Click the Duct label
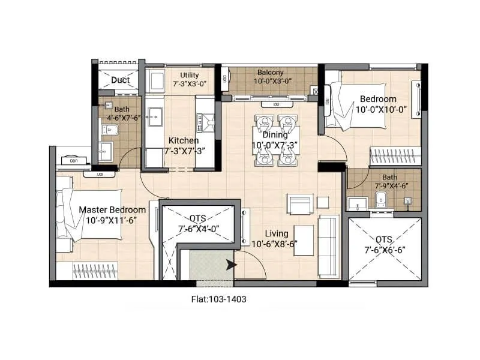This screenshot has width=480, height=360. [120, 80]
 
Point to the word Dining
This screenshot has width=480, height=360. [275, 135]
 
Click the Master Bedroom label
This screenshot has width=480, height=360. [112, 210]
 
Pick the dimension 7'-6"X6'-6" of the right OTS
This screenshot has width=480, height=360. [385, 250]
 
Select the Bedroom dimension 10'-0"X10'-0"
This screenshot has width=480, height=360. [381, 110]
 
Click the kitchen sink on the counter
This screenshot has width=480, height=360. [155, 113]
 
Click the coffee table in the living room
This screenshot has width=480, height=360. [303, 241]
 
